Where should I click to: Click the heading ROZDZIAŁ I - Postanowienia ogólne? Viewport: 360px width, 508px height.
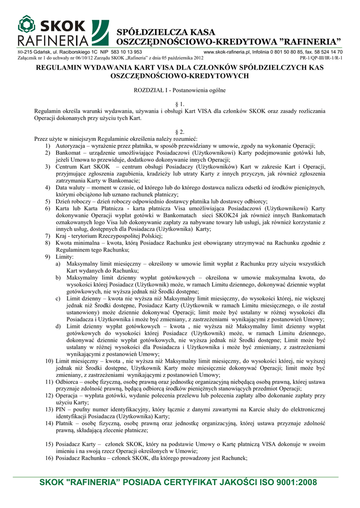180,90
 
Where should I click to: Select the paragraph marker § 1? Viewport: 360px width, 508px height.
180,104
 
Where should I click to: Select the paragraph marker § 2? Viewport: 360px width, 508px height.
180,132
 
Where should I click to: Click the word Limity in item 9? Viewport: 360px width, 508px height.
65,256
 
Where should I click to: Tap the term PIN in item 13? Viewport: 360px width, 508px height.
61,409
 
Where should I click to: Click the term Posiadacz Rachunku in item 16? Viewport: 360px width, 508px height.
81,458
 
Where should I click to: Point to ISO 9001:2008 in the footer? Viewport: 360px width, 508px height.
291,482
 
